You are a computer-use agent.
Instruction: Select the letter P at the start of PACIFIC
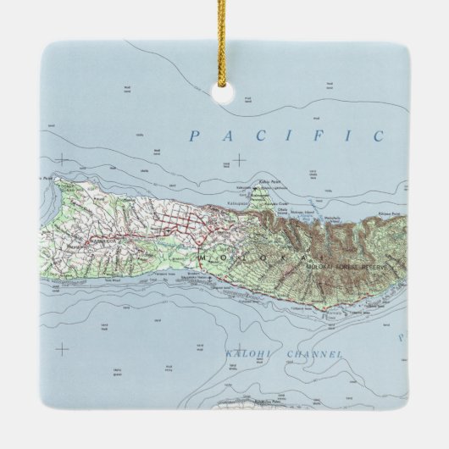[x=196, y=136]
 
